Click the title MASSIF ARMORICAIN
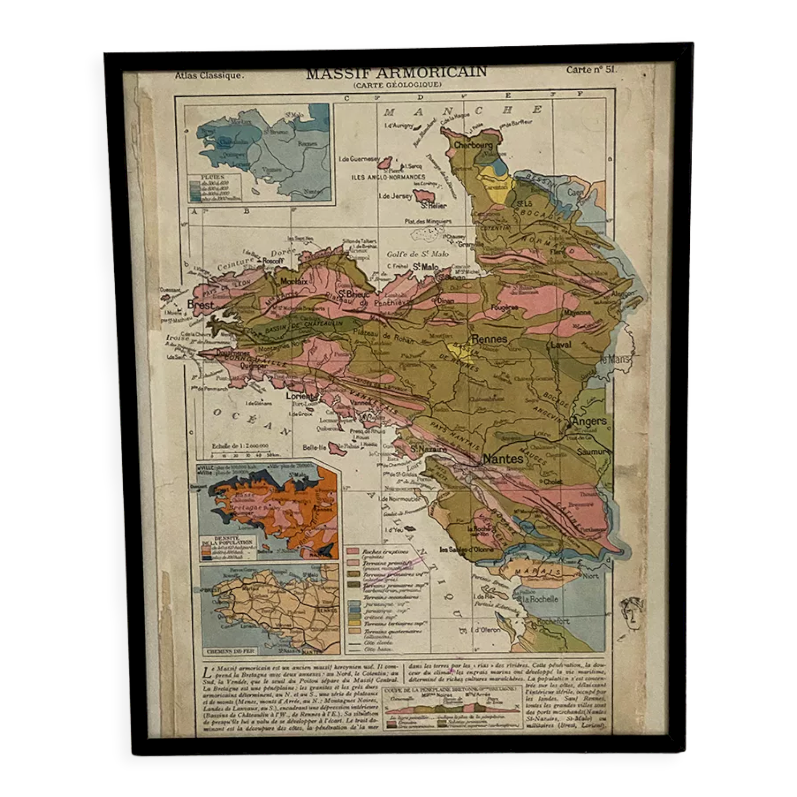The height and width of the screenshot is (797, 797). pos(396,73)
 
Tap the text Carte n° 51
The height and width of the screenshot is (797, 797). pos(591,69)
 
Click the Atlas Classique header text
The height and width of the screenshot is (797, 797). pos(209,75)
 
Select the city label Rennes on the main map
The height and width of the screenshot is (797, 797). pos(489,339)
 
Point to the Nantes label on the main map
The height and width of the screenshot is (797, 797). pos(503,459)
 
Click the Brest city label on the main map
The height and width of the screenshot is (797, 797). pos(200,305)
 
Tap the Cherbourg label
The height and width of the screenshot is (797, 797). pos(473,145)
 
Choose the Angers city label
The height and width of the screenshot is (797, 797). pos(589,421)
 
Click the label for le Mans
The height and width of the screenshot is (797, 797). pos(614,359)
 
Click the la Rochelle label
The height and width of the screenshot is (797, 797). pos(540,599)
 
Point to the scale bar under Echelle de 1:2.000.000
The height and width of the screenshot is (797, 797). pos(239,455)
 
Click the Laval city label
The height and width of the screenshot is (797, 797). pos(561,344)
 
